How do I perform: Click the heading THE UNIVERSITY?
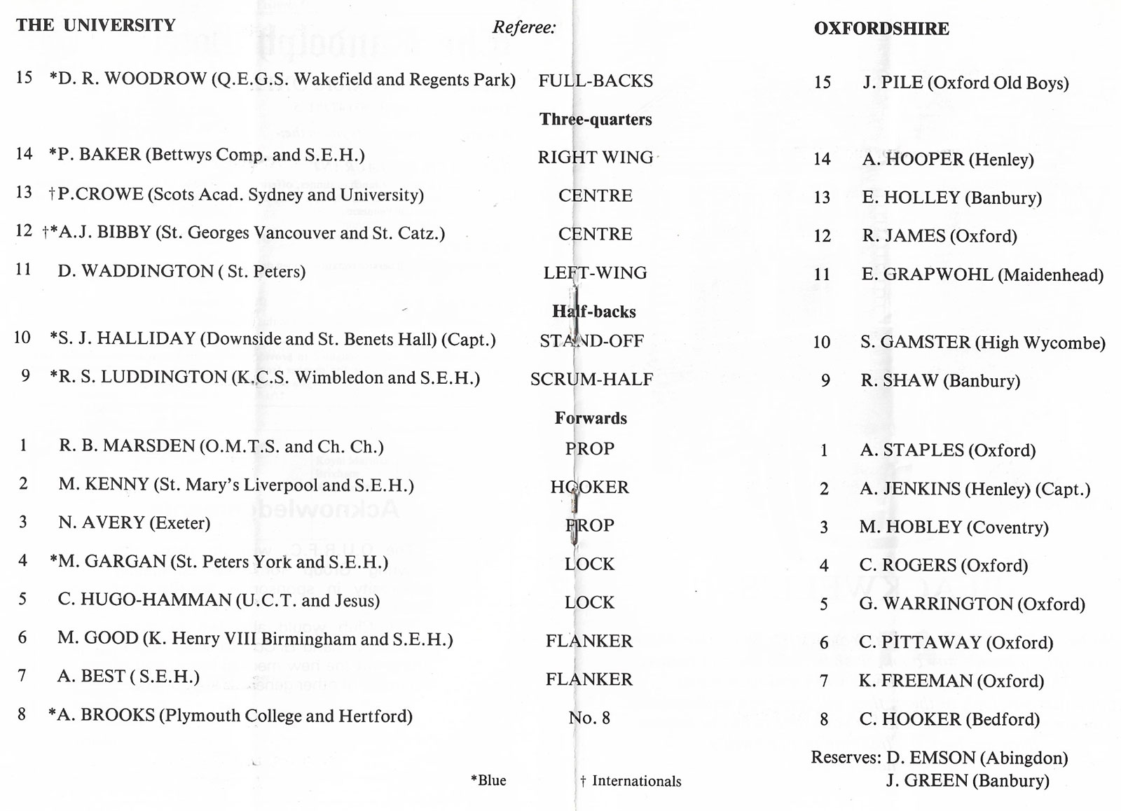point(96,26)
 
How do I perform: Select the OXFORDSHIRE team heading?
point(881,29)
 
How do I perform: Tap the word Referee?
point(524,27)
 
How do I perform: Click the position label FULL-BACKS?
point(595,81)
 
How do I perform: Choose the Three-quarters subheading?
point(595,119)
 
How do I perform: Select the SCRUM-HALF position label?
point(591,380)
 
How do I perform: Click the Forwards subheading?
point(591,418)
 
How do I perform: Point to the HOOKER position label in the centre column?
point(589,487)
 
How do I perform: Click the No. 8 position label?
point(589,718)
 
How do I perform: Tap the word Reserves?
point(846,758)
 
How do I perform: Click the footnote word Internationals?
point(636,781)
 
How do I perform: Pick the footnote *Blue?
point(488,780)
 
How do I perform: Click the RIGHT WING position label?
point(595,158)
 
